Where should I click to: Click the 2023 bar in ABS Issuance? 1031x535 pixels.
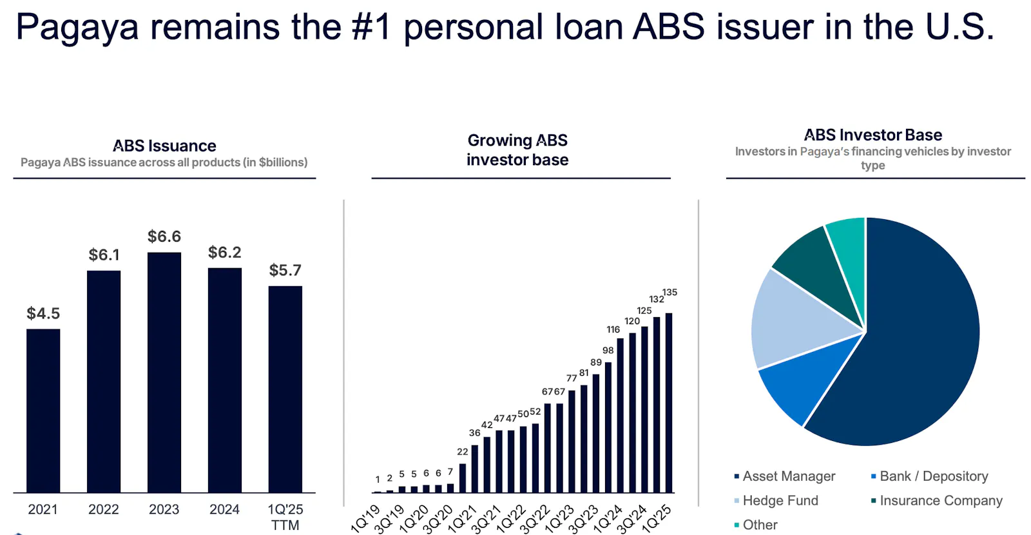tap(164, 373)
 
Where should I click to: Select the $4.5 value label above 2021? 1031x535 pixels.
tap(43, 313)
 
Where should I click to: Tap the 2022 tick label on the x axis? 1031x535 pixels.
tap(104, 509)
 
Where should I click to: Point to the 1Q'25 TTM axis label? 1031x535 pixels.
tap(285, 517)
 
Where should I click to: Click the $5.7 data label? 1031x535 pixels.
tap(285, 270)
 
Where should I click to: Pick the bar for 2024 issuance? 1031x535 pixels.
tap(225, 380)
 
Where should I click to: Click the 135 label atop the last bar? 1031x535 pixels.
tap(670, 293)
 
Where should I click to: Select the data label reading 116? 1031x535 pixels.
tap(613, 329)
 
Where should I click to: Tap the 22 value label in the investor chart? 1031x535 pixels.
tap(463, 452)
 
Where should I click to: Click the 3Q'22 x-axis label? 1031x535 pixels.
tap(535, 518)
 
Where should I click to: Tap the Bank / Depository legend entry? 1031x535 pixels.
tap(930, 476)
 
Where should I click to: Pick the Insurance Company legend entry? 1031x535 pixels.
tap(937, 500)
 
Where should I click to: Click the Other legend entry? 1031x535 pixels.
tap(756, 525)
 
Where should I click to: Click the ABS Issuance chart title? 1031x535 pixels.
tap(164, 146)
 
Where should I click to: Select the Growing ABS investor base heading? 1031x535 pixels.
tap(517, 150)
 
